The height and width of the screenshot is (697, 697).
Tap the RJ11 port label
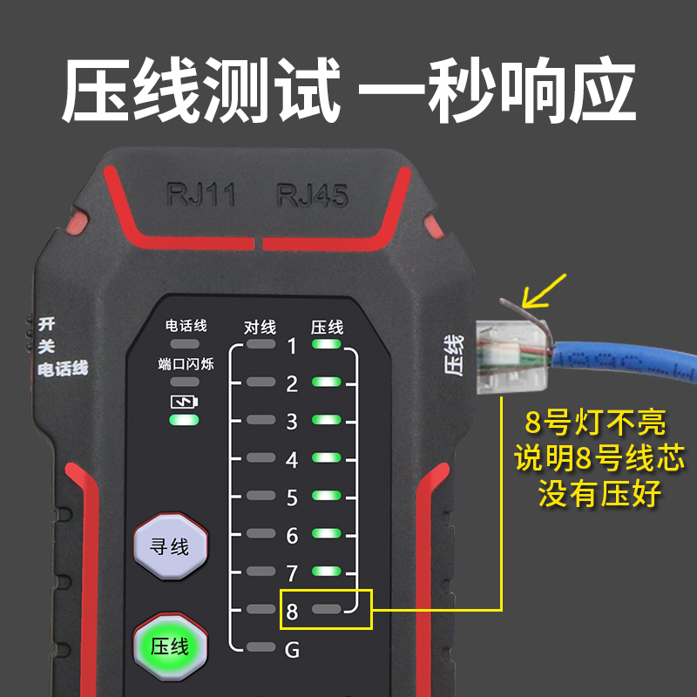coord(201,193)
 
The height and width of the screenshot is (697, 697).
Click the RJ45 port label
coord(313,194)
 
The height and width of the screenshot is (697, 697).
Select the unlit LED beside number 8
coord(328,609)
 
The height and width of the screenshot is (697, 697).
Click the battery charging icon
coord(185,402)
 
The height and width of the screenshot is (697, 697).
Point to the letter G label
coord(293,649)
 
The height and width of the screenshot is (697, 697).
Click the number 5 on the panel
coord(293,497)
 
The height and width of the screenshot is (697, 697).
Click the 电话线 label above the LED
coord(186,326)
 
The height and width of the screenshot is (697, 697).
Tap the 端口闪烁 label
coord(186,363)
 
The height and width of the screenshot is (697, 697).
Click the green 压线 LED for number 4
coord(328,458)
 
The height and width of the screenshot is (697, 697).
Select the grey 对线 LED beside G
coord(260,647)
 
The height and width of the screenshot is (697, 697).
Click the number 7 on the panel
coord(293,573)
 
